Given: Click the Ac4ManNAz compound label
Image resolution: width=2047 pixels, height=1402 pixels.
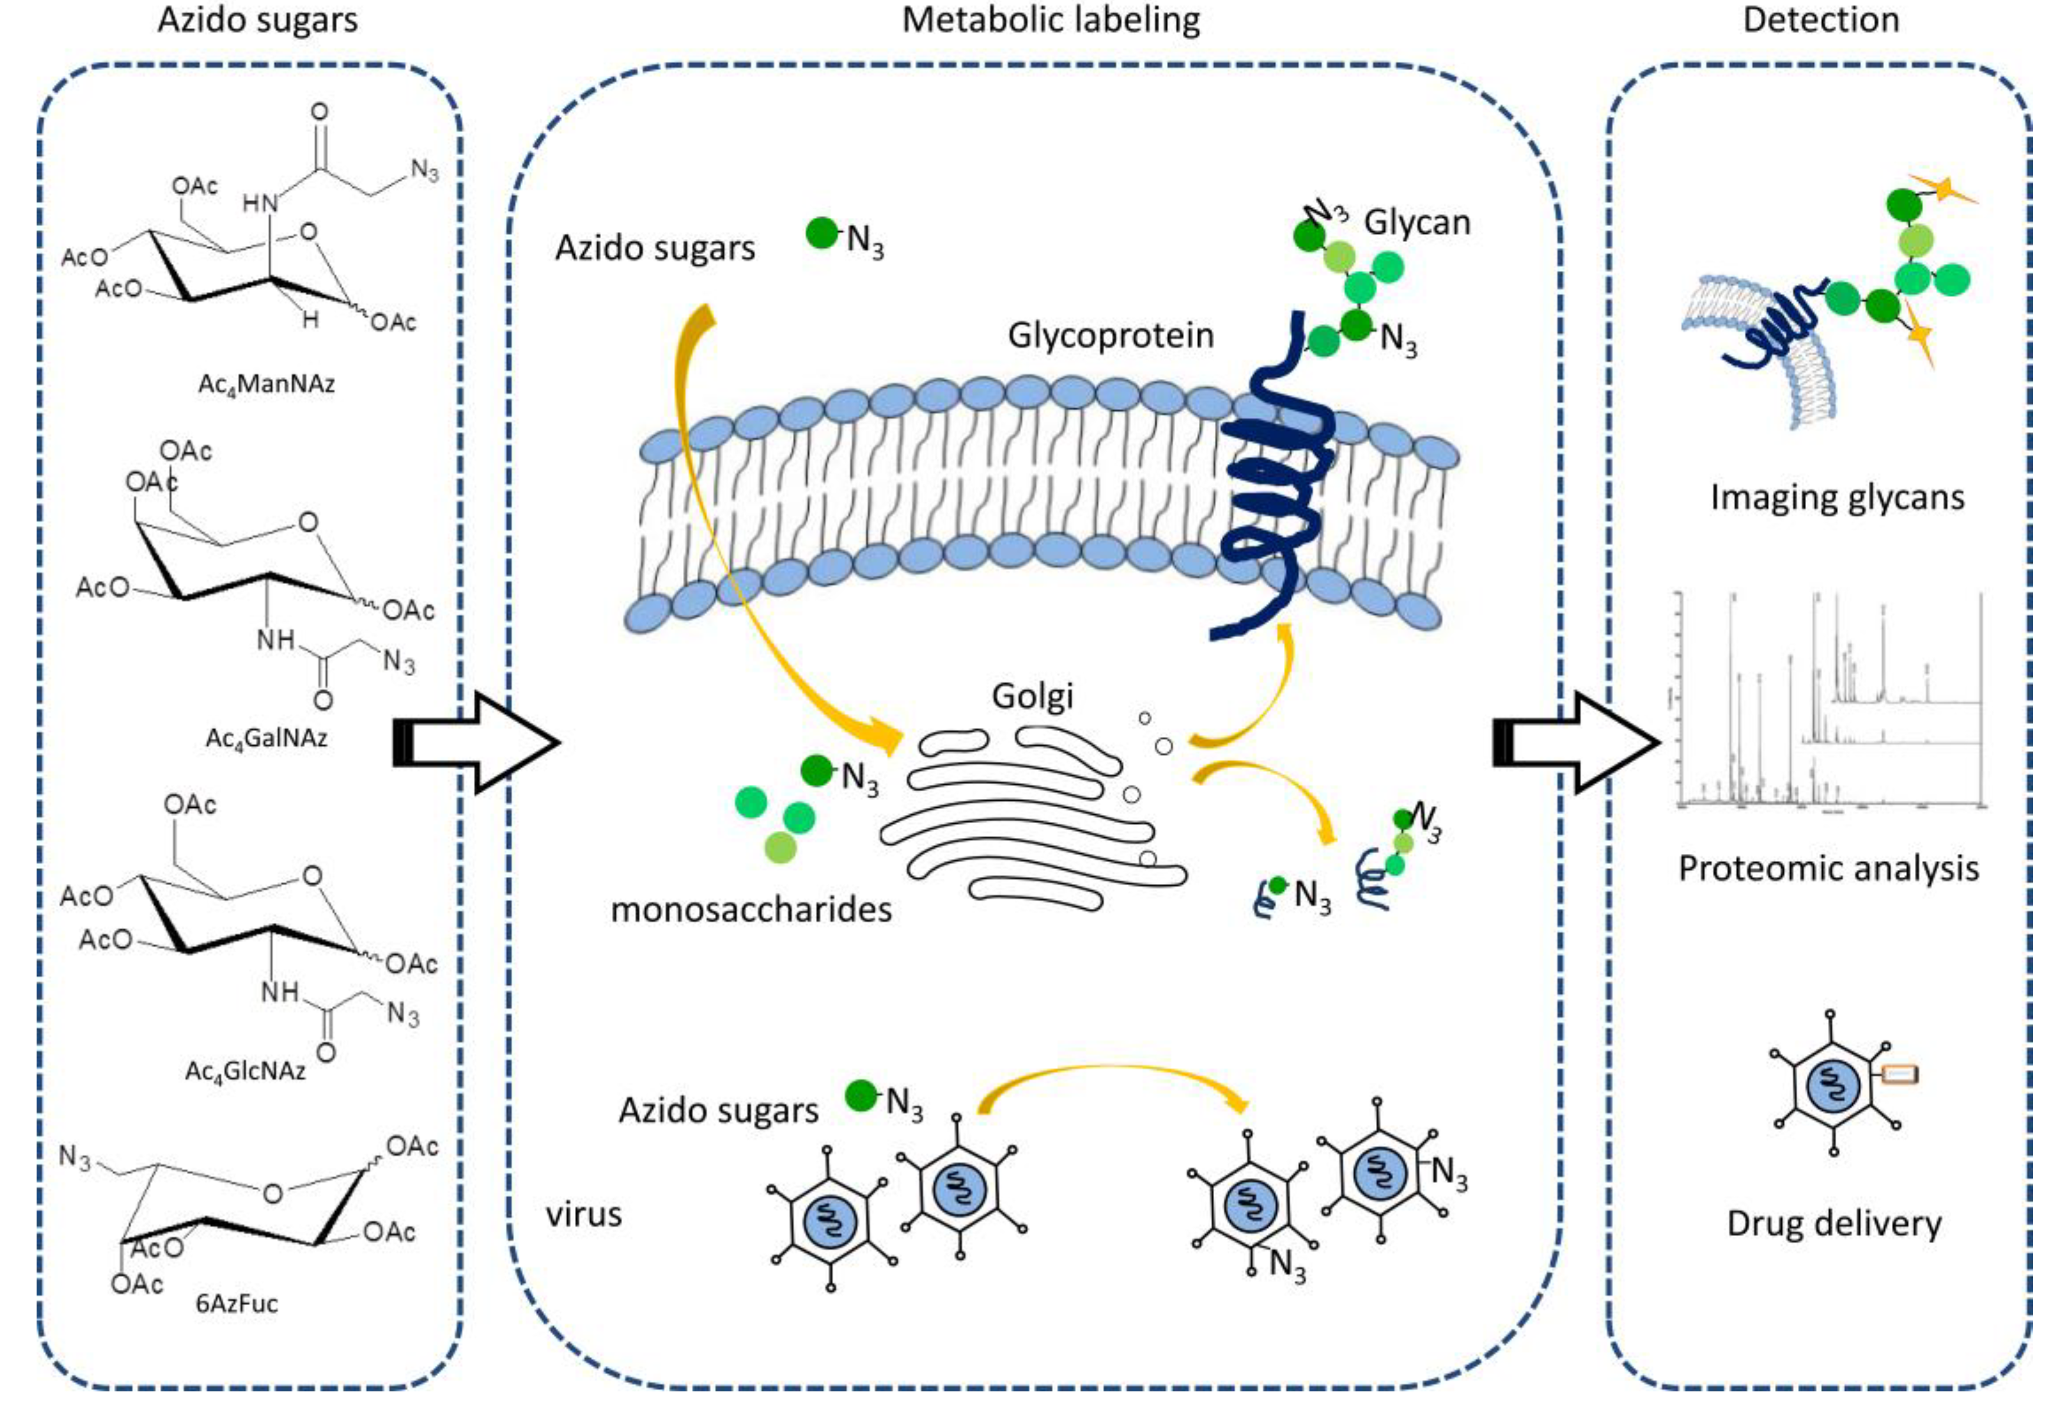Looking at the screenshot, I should (x=266, y=385).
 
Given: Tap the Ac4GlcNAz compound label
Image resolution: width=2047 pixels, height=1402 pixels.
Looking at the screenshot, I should (x=245, y=1071).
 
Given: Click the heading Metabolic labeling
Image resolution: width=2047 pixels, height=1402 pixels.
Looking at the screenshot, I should (x=1051, y=19).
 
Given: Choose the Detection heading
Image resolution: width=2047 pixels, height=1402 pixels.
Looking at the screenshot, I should (x=1820, y=19).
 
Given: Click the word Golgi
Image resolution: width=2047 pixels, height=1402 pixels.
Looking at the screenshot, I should (x=1032, y=696).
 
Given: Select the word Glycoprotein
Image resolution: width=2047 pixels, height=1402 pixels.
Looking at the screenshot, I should (x=1110, y=336).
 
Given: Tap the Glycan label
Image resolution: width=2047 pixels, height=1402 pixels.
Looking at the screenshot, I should (x=1417, y=223).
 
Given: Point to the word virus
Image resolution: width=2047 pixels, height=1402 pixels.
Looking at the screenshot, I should (x=583, y=1214).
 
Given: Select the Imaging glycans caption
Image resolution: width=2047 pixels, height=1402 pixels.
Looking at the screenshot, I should (x=1836, y=497).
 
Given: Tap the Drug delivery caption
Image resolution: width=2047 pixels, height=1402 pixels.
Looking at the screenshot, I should (x=1834, y=1223).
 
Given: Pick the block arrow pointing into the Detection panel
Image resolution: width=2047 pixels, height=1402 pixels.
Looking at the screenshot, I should (x=1572, y=742).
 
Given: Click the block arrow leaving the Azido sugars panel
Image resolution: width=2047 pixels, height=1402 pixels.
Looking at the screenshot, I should (x=476, y=742).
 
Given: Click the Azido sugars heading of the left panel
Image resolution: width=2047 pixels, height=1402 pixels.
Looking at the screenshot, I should (x=257, y=19).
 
